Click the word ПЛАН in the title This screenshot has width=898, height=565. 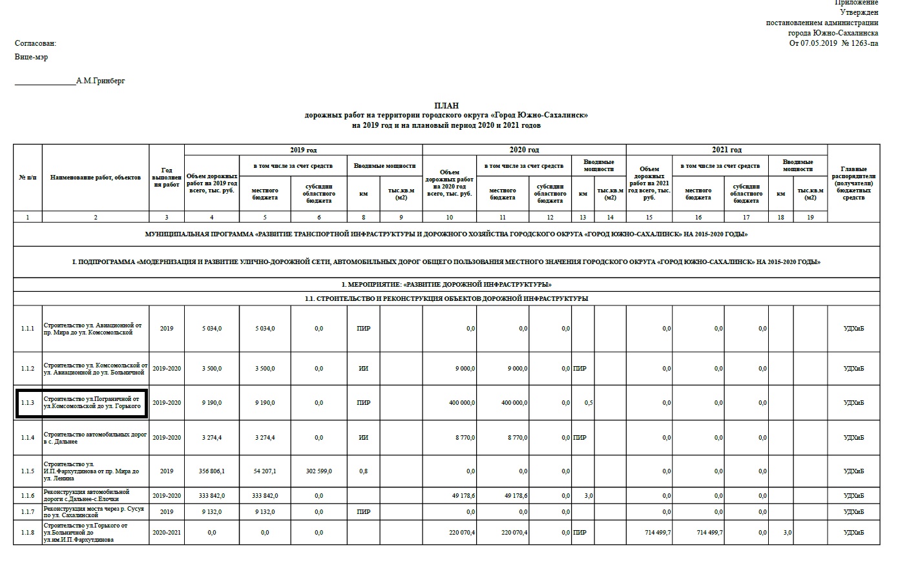[446, 105]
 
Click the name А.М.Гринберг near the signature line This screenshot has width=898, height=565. [100, 81]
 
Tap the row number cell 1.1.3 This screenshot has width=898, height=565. [27, 403]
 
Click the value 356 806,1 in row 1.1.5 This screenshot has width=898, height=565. [212, 471]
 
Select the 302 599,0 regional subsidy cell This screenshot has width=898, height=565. [318, 471]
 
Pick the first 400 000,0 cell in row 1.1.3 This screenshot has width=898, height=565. [461, 403]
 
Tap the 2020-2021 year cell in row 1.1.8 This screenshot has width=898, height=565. [167, 533]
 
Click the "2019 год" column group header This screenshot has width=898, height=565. [303, 150]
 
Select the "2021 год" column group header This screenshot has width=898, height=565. [726, 150]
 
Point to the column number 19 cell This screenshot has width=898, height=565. [810, 217]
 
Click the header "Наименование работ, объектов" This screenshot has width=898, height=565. [95, 177]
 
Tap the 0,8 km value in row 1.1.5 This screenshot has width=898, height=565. [363, 471]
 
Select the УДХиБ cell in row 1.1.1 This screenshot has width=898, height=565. [853, 329]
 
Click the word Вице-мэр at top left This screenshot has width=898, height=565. [31, 57]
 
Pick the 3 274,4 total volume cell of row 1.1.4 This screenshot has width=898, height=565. [212, 438]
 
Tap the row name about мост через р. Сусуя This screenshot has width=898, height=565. [94, 512]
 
